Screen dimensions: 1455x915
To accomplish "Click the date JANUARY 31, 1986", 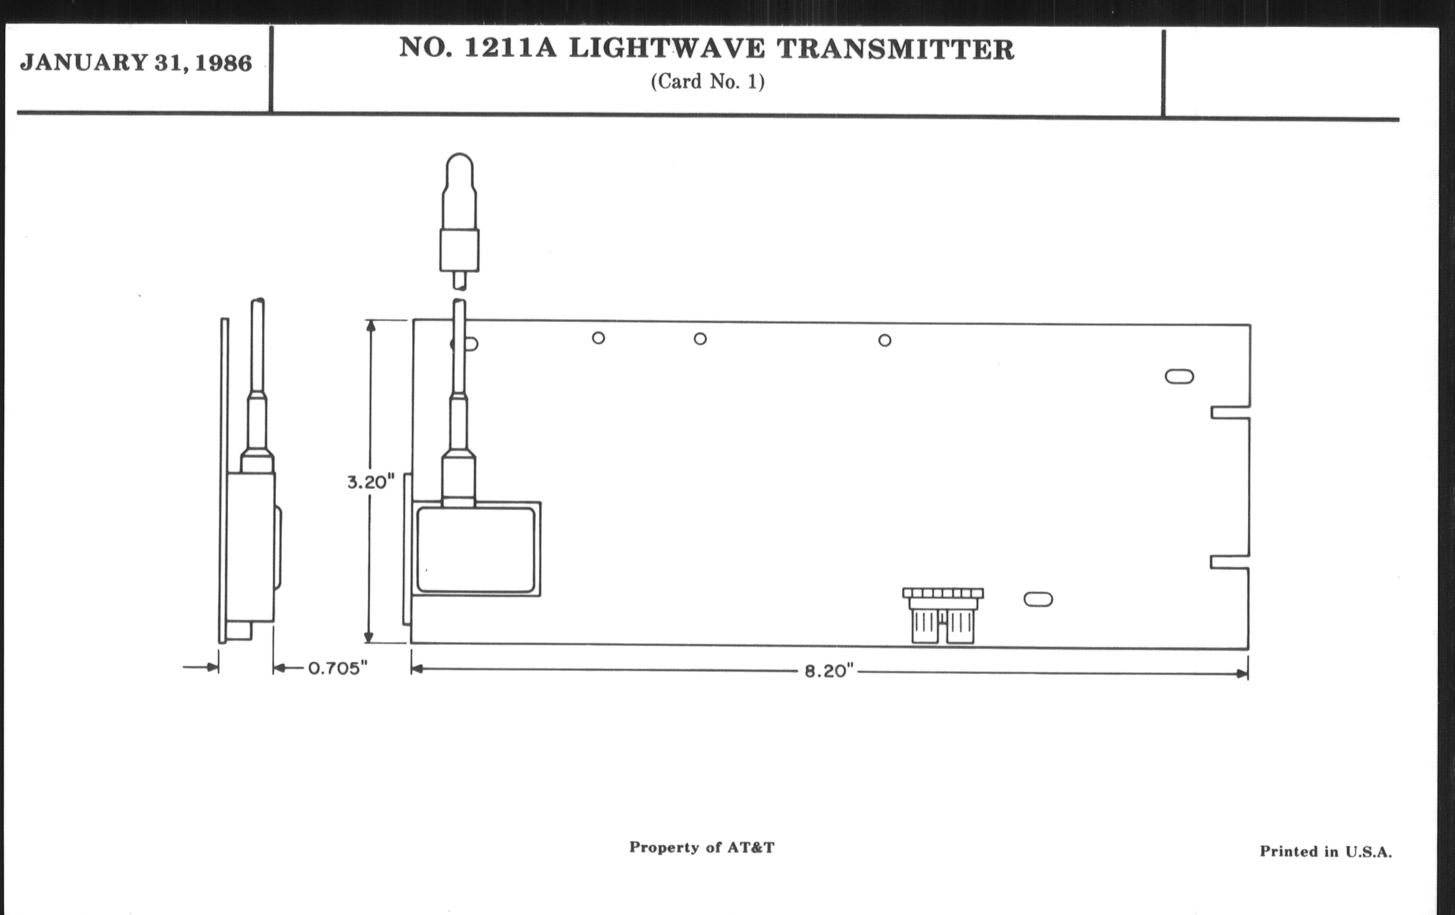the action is click(x=136, y=63).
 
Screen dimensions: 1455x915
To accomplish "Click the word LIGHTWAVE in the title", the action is click(x=666, y=48).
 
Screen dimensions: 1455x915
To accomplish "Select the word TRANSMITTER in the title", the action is click(x=896, y=49).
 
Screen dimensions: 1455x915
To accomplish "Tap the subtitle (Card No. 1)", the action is click(x=708, y=81).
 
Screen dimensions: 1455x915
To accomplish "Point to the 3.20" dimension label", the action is click(x=370, y=482).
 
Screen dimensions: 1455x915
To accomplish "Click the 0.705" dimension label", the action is click(x=338, y=668).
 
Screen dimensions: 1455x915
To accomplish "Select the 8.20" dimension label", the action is click(x=829, y=671).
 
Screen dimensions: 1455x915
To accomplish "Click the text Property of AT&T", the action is click(x=702, y=847).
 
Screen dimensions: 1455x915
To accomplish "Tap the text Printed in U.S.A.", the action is click(x=1326, y=852).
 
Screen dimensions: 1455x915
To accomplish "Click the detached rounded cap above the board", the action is click(x=459, y=221).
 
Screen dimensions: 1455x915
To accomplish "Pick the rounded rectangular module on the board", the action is click(x=476, y=550).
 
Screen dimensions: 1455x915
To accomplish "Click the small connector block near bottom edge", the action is click(x=943, y=615).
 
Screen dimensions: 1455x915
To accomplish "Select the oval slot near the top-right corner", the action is click(x=1179, y=376).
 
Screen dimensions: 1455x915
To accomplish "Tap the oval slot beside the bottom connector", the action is click(x=1038, y=599).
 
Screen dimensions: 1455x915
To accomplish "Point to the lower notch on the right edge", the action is click(x=1229, y=562).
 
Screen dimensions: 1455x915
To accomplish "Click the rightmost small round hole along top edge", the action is click(x=885, y=341).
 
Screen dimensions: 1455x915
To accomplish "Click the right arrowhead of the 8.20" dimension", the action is click(x=1242, y=674).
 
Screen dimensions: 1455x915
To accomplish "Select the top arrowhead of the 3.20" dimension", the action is click(x=370, y=326).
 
